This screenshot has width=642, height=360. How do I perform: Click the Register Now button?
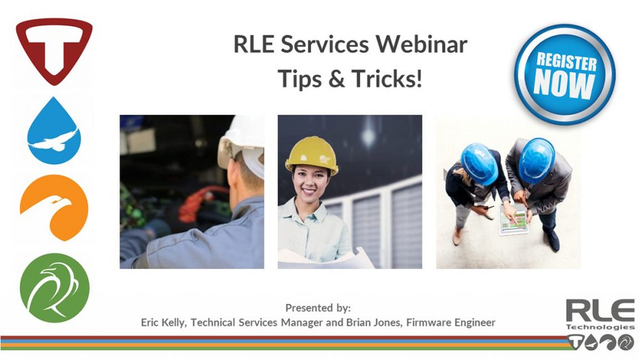pos(565,75)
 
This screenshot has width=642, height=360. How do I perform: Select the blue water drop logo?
pos(54,131)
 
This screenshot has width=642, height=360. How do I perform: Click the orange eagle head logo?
pos(54,208)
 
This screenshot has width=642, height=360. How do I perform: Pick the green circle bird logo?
pos(55,288)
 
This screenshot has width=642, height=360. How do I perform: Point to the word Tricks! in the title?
pos(386,78)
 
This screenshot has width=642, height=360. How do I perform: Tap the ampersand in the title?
pos(337,79)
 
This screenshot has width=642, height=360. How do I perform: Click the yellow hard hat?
pos(312,155)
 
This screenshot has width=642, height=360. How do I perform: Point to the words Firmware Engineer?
pos(451,323)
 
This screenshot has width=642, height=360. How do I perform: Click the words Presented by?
pos(318,308)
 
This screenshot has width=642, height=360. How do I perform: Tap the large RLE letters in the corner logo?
pos(600,310)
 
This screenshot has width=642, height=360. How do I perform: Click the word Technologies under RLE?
pos(600,327)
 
